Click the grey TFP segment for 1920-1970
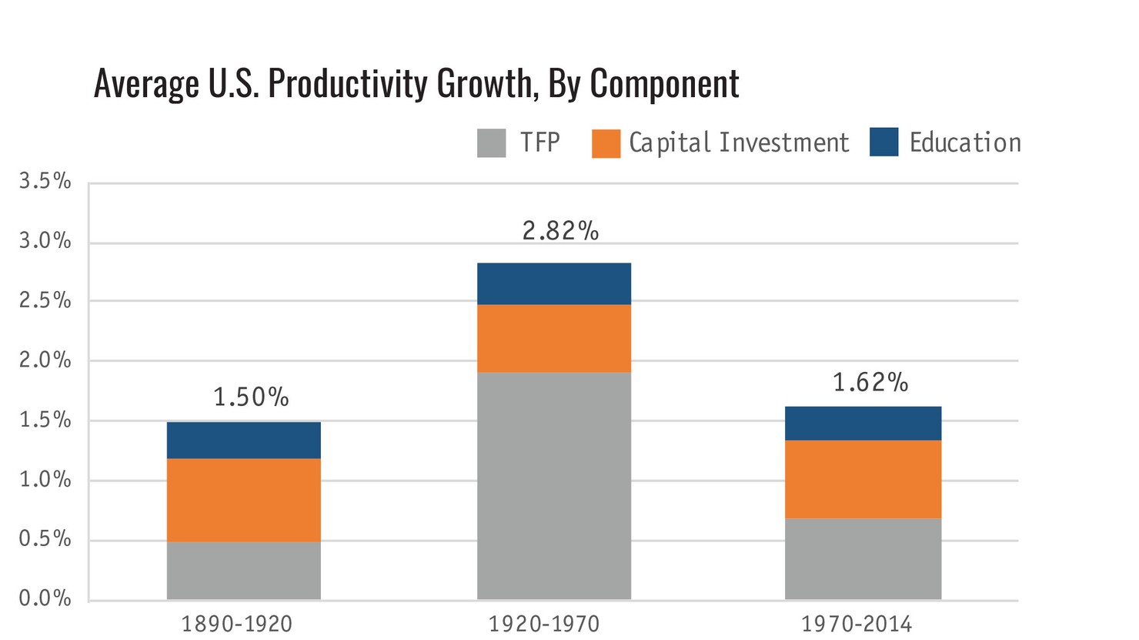click(553, 485)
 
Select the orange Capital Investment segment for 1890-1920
click(243, 500)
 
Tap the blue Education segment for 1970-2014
click(863, 423)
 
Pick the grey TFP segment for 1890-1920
click(243, 570)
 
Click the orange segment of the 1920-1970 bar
click(553, 338)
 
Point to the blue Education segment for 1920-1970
click(553, 283)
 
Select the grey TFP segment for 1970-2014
click(863, 558)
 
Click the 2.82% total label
click(559, 230)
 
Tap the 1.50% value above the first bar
click(250, 397)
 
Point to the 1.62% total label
click(870, 382)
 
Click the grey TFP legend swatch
click(491, 143)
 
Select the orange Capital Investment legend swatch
click(606, 143)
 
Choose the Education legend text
click(964, 142)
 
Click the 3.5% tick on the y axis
click(45, 182)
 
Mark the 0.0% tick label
click(45, 598)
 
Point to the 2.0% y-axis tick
click(45, 360)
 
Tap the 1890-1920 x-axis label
click(236, 623)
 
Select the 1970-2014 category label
click(856, 623)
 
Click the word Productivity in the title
click(349, 83)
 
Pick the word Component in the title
click(664, 83)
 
